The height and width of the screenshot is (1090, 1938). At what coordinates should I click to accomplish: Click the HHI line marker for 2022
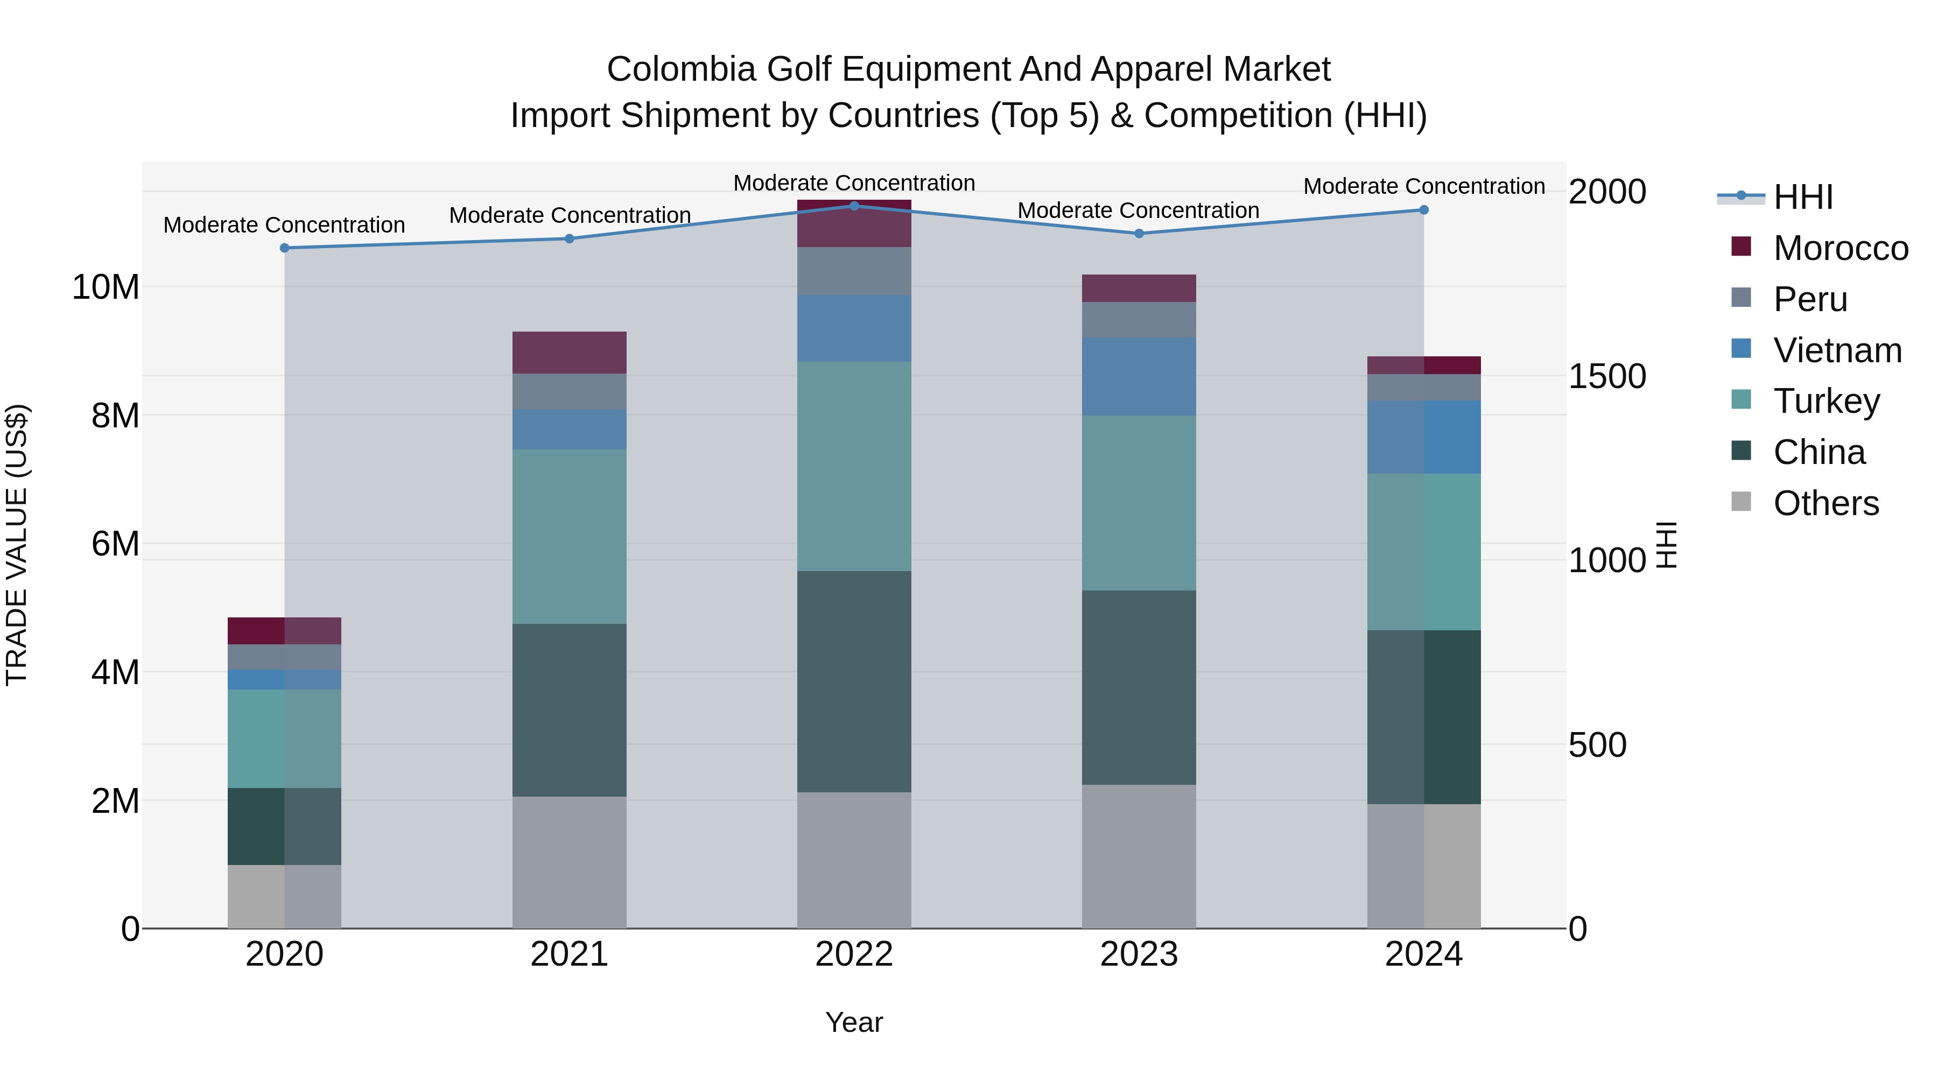pyautogui.click(x=854, y=206)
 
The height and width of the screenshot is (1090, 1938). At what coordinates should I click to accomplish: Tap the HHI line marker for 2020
pyautogui.click(x=284, y=248)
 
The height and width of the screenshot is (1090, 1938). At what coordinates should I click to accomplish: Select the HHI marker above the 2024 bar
pyautogui.click(x=1423, y=210)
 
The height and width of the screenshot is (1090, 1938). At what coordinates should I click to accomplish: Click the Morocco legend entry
pyautogui.click(x=1839, y=248)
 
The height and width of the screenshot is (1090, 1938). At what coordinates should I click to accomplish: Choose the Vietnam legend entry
pyautogui.click(x=1836, y=350)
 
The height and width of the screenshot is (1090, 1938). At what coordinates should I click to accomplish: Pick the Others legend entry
pyautogui.click(x=1825, y=503)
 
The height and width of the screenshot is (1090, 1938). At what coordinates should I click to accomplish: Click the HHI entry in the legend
pyautogui.click(x=1802, y=197)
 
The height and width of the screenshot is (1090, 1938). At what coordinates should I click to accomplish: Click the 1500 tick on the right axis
pyautogui.click(x=1607, y=376)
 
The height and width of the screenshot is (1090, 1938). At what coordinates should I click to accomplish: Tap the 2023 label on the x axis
pyautogui.click(x=1138, y=954)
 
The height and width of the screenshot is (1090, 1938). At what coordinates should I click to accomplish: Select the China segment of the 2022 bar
pyautogui.click(x=854, y=681)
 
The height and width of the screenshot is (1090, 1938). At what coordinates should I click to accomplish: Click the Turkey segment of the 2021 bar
pyautogui.click(x=569, y=536)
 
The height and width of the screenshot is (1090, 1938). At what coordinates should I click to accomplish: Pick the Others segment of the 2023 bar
pyautogui.click(x=1138, y=857)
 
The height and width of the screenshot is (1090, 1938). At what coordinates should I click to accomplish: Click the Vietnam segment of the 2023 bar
pyautogui.click(x=1138, y=376)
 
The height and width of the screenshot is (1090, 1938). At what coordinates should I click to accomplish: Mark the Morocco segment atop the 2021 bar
pyautogui.click(x=569, y=352)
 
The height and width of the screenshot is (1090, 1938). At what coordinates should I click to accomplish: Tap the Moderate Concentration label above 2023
pyautogui.click(x=1138, y=210)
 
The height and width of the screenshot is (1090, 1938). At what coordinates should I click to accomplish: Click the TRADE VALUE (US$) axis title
pyautogui.click(x=17, y=545)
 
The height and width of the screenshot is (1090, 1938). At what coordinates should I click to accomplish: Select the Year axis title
pyautogui.click(x=854, y=1022)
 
